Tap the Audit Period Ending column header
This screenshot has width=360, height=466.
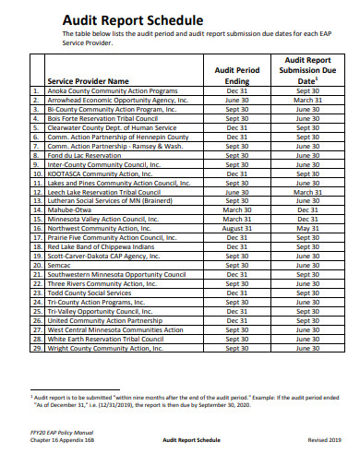click(237, 76)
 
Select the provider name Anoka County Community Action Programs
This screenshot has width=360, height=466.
click(112, 90)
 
